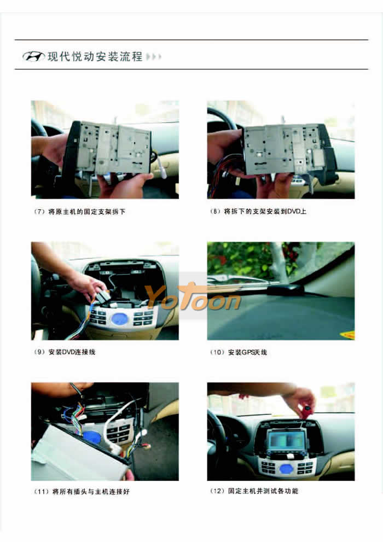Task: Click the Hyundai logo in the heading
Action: tap(33, 56)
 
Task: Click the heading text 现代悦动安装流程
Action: tap(95, 56)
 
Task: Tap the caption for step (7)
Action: tap(79, 212)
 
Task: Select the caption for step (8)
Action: tap(258, 211)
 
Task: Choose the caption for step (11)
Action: tap(82, 491)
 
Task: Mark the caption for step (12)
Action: tap(254, 491)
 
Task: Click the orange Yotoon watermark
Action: tap(193, 297)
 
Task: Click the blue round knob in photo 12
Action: tap(286, 469)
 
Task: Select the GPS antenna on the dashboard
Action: tap(285, 289)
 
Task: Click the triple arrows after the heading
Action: tap(154, 56)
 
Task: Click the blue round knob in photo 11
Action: tap(92, 437)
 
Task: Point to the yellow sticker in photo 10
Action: tap(348, 335)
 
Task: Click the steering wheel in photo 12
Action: tap(221, 435)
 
